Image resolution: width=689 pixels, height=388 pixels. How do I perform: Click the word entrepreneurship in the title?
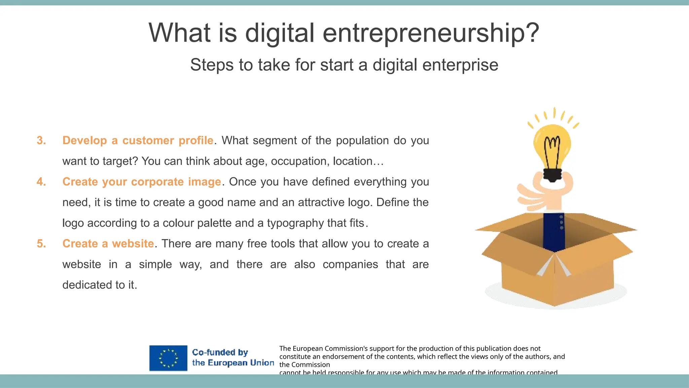[431, 33]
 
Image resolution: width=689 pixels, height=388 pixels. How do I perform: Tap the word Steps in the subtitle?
[211, 65]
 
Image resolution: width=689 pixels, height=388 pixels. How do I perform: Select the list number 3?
[41, 140]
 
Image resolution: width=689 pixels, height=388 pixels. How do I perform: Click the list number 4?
[41, 182]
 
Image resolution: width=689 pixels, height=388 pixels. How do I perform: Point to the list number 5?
[41, 244]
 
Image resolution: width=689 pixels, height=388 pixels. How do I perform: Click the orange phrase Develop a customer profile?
[138, 140]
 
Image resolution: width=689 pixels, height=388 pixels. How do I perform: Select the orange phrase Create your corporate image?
[142, 182]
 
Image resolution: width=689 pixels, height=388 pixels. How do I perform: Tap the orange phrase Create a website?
[108, 244]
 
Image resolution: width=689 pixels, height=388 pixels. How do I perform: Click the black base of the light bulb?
[552, 174]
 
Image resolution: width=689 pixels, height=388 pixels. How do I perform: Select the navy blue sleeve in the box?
[554, 232]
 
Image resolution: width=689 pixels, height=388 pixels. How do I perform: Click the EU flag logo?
[168, 358]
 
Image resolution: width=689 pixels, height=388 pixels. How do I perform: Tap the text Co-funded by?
[220, 352]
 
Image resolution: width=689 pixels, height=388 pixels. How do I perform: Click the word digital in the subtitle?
[395, 65]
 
